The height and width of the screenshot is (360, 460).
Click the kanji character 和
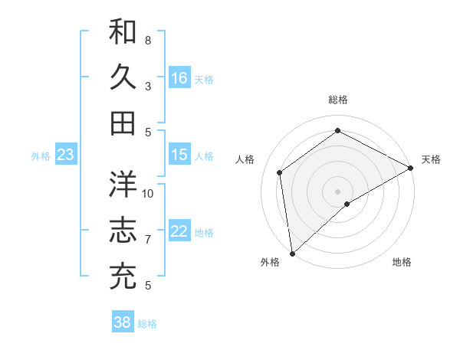pyautogui.click(x=123, y=32)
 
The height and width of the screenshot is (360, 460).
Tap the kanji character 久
pyautogui.click(x=123, y=77)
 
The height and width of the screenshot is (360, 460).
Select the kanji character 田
pyautogui.click(x=123, y=123)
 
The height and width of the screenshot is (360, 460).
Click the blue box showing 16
pyautogui.click(x=179, y=78)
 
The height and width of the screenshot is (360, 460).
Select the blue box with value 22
pyautogui.click(x=179, y=232)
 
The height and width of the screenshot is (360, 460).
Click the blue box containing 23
pyautogui.click(x=66, y=155)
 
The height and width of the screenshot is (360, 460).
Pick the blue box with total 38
pyautogui.click(x=123, y=322)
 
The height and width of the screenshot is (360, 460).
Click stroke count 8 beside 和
pyautogui.click(x=148, y=40)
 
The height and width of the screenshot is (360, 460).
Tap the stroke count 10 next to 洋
pyautogui.click(x=149, y=193)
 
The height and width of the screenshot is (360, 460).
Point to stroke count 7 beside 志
pyautogui.click(x=148, y=240)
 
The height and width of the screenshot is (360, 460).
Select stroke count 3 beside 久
pyautogui.click(x=148, y=86)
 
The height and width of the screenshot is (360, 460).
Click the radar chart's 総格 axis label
pyautogui.click(x=338, y=100)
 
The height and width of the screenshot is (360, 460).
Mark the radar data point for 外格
pyautogui.click(x=292, y=253)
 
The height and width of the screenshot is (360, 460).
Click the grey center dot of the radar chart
pyautogui.click(x=338, y=190)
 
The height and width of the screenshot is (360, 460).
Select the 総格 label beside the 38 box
pyautogui.click(x=147, y=324)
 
